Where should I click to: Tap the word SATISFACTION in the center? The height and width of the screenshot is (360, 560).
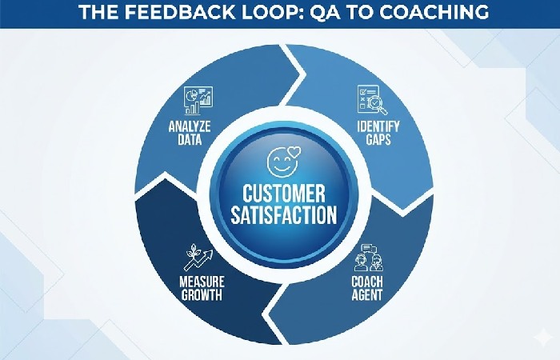[x=280, y=214]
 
